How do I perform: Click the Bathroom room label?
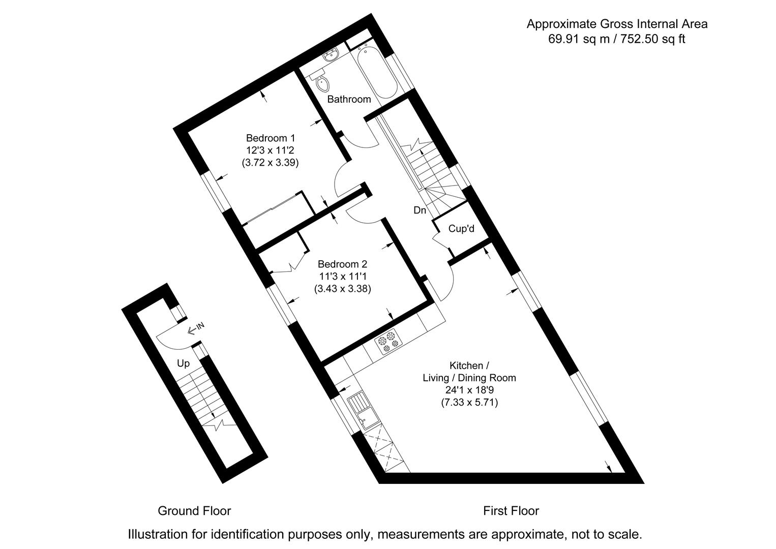[349, 99]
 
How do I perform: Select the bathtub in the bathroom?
[376, 72]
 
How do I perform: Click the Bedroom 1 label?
[270, 138]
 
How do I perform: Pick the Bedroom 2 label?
[342, 264]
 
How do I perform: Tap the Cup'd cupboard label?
[461, 229]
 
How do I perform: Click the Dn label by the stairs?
[420, 210]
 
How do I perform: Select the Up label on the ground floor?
[183, 363]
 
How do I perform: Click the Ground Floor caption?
[194, 511]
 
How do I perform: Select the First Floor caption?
[511, 511]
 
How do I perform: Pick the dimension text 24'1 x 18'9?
[469, 390]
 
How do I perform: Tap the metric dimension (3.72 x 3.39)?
[270, 163]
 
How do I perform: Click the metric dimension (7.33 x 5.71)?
[469, 403]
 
